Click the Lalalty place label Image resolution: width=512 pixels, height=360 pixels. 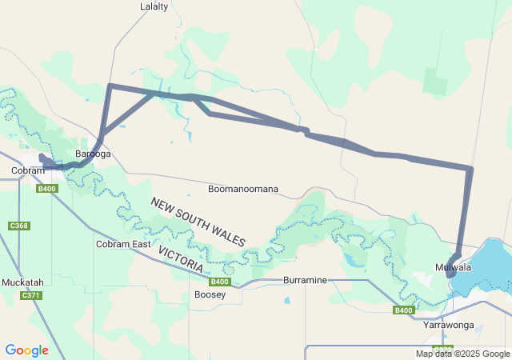(154, 6)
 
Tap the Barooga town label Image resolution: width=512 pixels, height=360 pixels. (93, 154)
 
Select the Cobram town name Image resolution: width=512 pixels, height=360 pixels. (27, 170)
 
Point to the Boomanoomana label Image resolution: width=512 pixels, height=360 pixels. (243, 190)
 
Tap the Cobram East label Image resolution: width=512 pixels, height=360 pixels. (123, 244)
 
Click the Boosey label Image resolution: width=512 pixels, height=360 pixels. (210, 294)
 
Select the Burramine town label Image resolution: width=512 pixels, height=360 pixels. (306, 281)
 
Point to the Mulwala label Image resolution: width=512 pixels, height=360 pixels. (453, 266)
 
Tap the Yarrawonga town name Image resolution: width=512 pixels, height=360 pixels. (449, 326)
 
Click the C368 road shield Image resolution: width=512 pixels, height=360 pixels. (19, 226)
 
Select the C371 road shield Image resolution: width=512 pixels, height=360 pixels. (31, 296)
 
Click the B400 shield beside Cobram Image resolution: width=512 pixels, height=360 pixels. (47, 189)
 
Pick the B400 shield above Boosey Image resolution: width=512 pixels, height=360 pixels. (220, 282)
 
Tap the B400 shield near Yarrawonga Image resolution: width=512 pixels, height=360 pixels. (404, 310)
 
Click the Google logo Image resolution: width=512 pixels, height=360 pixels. (27, 350)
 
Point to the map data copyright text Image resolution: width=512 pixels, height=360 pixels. (462, 354)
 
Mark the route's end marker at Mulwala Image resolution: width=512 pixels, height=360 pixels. (452, 271)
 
